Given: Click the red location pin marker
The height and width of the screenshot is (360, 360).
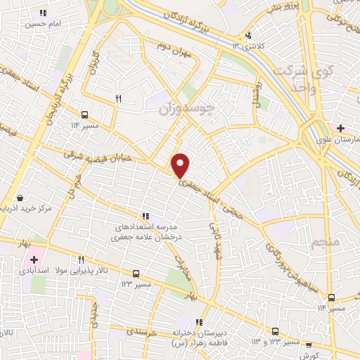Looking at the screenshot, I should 181,165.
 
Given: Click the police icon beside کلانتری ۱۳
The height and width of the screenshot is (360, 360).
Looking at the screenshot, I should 247,35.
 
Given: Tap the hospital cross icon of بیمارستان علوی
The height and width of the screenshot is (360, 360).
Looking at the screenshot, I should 340,128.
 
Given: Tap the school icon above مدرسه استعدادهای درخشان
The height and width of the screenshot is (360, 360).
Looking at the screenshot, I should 146,216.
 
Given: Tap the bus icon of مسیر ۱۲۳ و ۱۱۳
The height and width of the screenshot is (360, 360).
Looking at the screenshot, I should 275,330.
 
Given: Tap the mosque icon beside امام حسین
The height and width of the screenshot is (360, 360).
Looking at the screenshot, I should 44,13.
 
